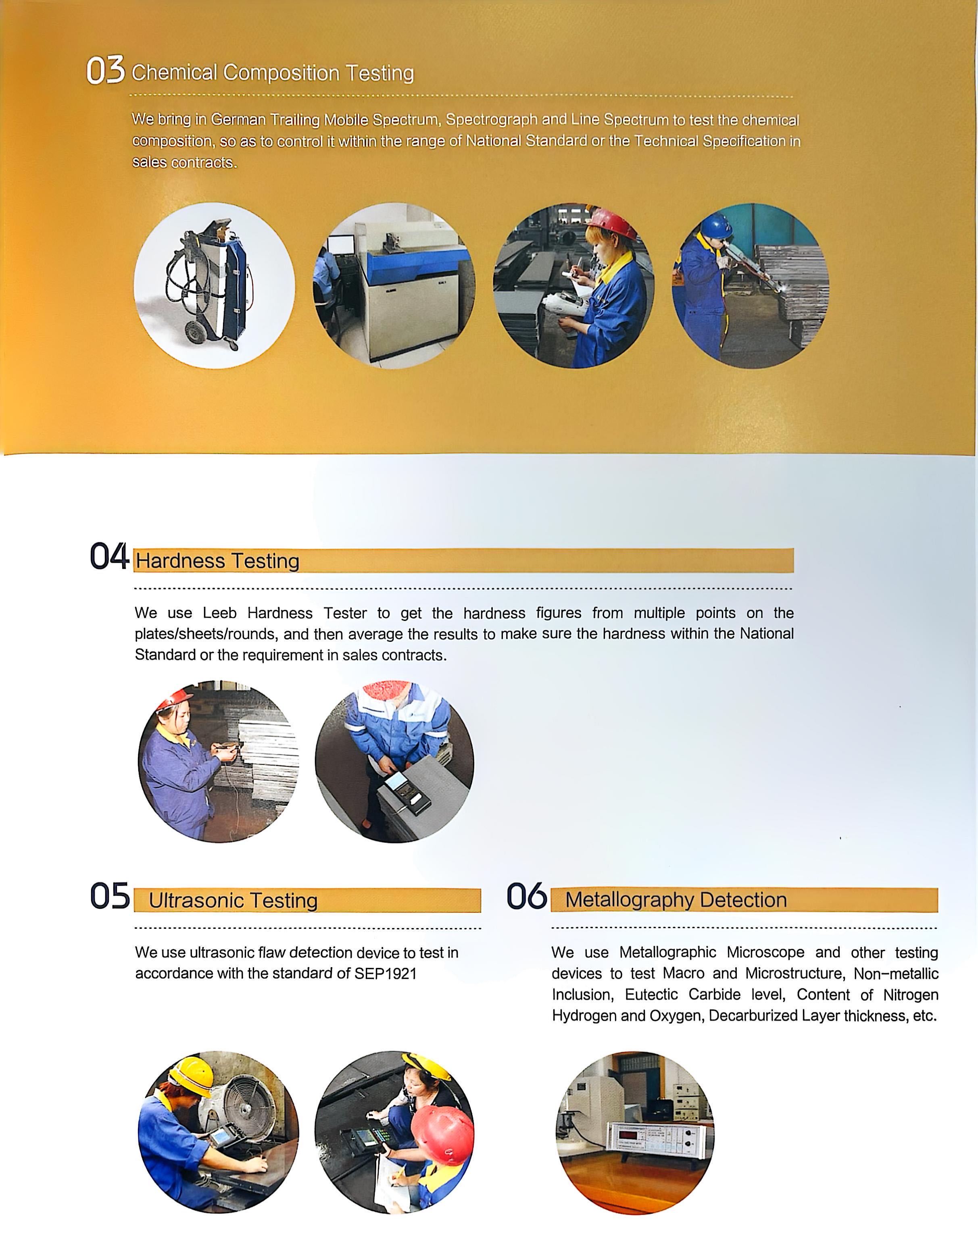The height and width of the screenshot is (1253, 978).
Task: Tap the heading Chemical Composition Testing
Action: [x=273, y=73]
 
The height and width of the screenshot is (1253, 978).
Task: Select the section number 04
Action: [x=109, y=556]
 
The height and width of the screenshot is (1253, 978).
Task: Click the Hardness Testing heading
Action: [x=217, y=560]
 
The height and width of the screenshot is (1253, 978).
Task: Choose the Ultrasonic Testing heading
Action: [x=233, y=900]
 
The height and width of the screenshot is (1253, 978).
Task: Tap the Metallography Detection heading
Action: [x=676, y=899]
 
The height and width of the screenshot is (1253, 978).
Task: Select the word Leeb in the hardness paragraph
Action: [x=220, y=613]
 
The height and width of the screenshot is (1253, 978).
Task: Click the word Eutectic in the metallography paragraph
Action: [x=651, y=995]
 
